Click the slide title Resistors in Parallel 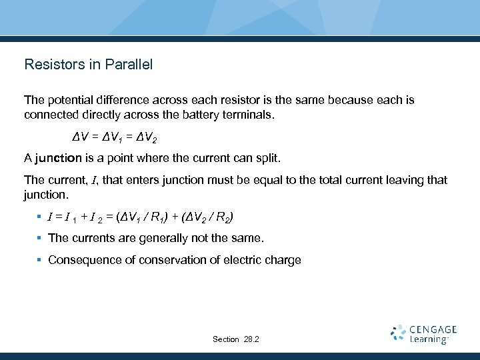click(88, 65)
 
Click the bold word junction click(59, 159)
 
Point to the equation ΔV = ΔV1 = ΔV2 click(115, 137)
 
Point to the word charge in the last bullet click(284, 259)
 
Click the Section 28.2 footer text click(236, 339)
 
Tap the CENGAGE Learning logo click(423, 333)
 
